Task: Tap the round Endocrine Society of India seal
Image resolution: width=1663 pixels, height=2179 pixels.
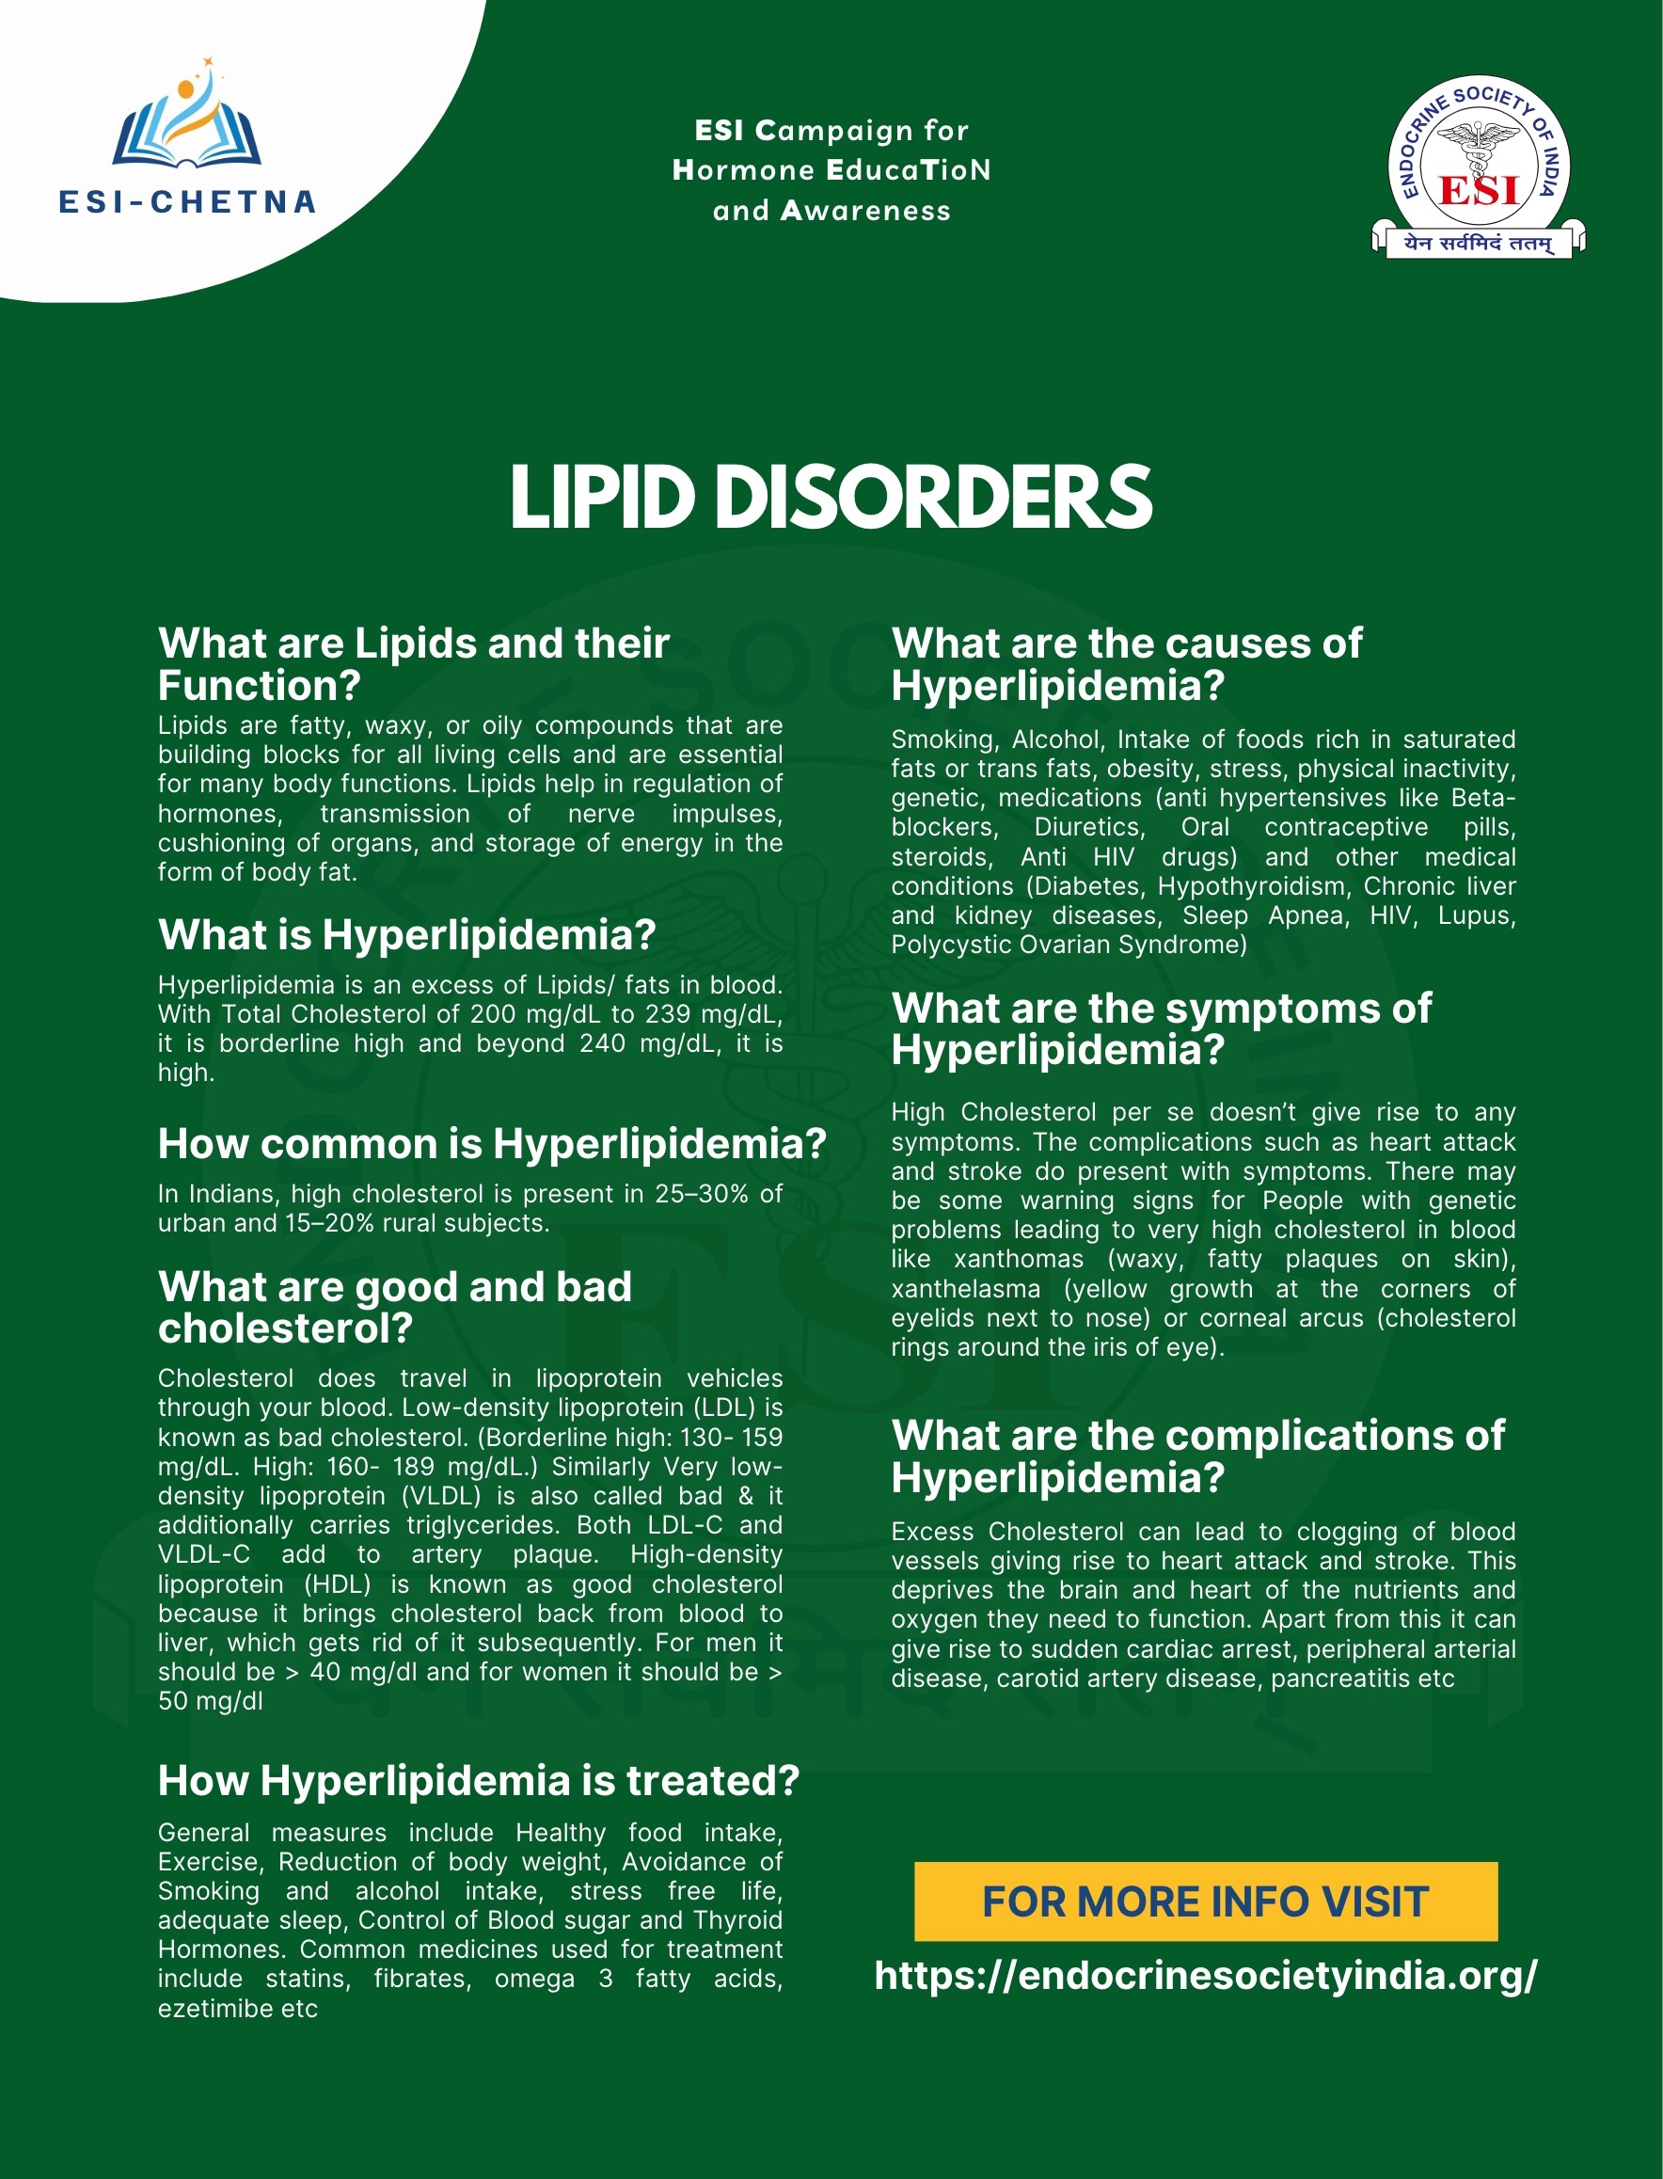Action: pyautogui.click(x=1478, y=164)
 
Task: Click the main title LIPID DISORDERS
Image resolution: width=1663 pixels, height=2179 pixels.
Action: pyautogui.click(x=831, y=496)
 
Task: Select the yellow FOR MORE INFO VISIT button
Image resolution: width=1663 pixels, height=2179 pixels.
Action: pyautogui.click(x=1205, y=1901)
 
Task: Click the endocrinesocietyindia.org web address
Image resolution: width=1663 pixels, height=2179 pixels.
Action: pyautogui.click(x=1206, y=1975)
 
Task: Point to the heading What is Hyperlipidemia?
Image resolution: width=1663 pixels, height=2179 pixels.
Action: pyautogui.click(x=407, y=934)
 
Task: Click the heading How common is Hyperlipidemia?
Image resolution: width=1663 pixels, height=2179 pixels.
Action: pyautogui.click(x=492, y=1143)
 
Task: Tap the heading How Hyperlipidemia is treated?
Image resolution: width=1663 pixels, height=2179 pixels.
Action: pyautogui.click(x=478, y=1780)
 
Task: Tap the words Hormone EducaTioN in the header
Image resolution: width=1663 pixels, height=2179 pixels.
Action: pyautogui.click(x=831, y=170)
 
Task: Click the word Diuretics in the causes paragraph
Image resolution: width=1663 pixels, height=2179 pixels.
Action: pyautogui.click(x=1089, y=827)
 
